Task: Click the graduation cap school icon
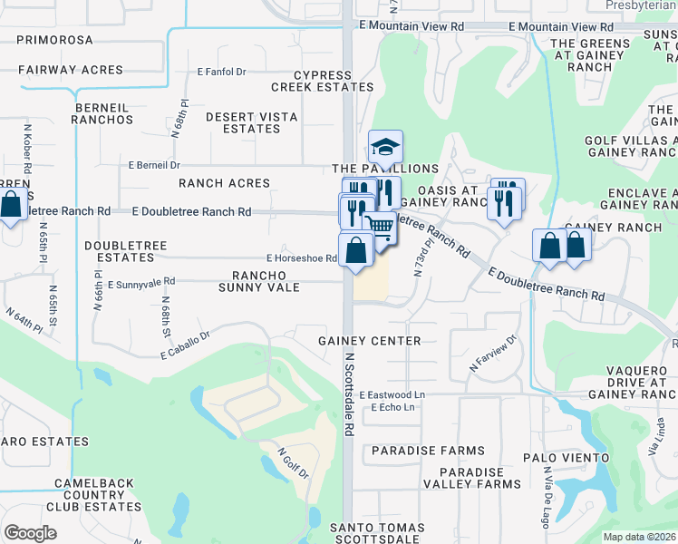point(385,147)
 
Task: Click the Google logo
point(30,532)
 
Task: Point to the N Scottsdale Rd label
point(349,394)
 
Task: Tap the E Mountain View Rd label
point(411,27)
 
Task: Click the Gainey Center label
point(369,341)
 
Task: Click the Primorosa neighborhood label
point(54,40)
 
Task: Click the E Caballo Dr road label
point(185,343)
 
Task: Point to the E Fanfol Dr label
point(222,72)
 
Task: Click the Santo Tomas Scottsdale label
point(376,534)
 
